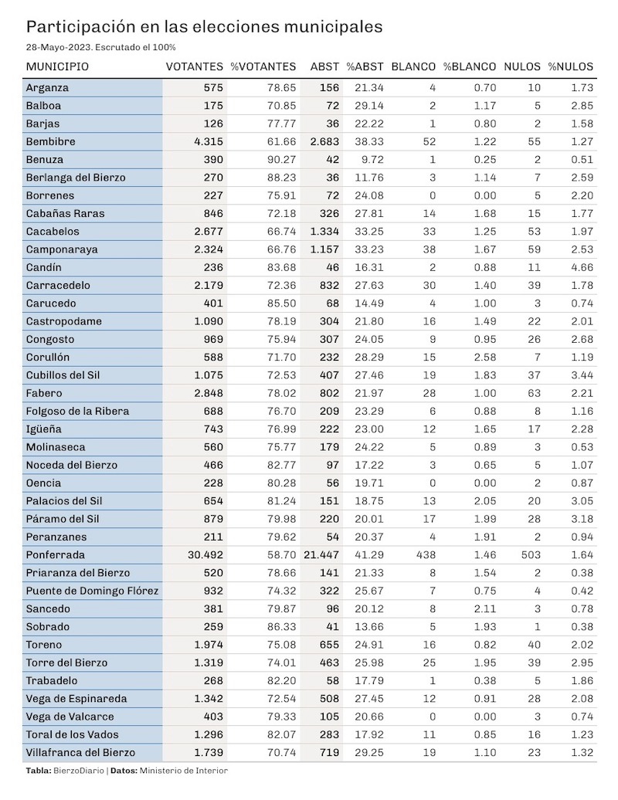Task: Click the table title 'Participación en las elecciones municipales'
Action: click(x=204, y=26)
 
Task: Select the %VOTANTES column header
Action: click(x=263, y=67)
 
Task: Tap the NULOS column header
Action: click(x=522, y=67)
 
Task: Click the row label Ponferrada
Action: click(x=56, y=555)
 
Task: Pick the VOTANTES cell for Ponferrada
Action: click(x=205, y=555)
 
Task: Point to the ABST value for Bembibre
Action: click(x=324, y=142)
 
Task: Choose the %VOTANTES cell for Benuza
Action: click(x=282, y=160)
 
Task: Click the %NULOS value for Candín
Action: click(x=582, y=267)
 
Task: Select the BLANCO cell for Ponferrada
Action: click(x=425, y=555)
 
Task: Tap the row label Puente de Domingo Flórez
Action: click(x=93, y=591)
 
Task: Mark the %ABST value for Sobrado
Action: click(x=369, y=627)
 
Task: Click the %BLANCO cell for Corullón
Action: click(x=485, y=357)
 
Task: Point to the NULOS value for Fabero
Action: click(x=535, y=393)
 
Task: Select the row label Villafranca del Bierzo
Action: click(x=80, y=753)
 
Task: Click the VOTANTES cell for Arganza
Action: click(x=213, y=88)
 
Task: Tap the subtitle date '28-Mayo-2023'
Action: click(x=59, y=47)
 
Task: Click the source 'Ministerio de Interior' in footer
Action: click(x=184, y=771)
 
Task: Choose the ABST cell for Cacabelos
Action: click(x=324, y=232)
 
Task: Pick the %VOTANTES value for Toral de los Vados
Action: click(x=282, y=734)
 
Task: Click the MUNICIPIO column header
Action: click(x=57, y=67)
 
